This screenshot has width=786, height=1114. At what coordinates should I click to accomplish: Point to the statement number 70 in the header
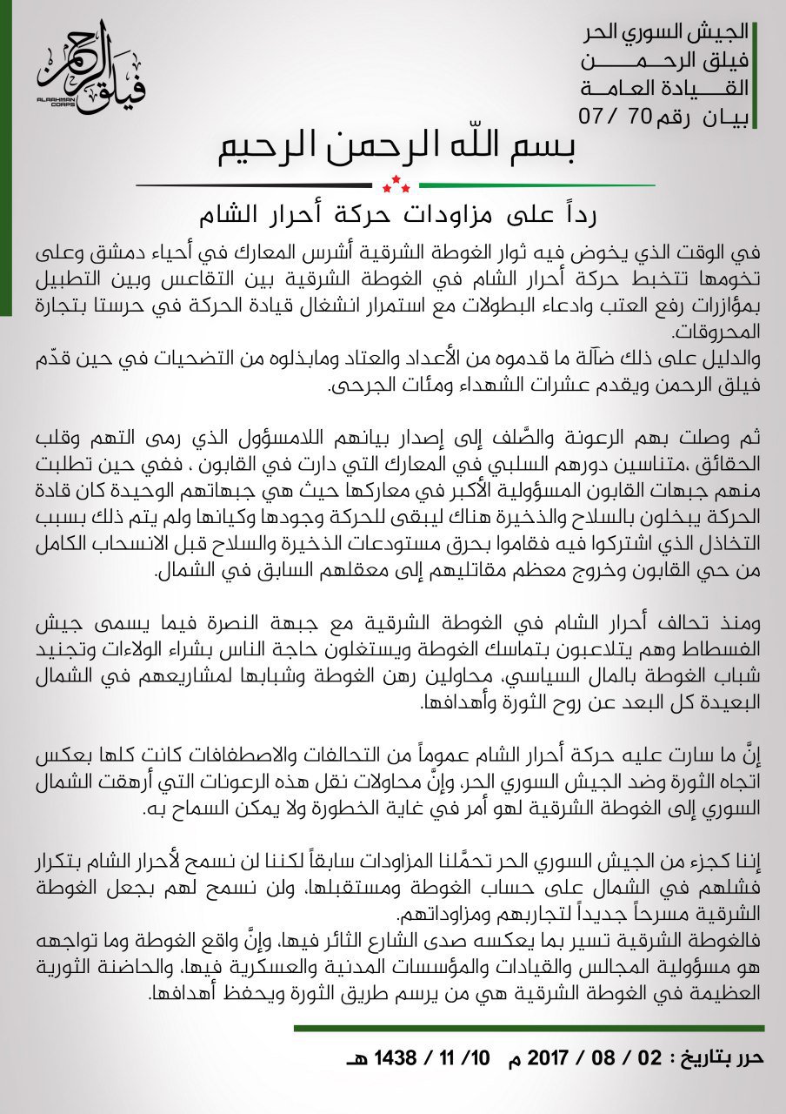[x=639, y=116]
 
